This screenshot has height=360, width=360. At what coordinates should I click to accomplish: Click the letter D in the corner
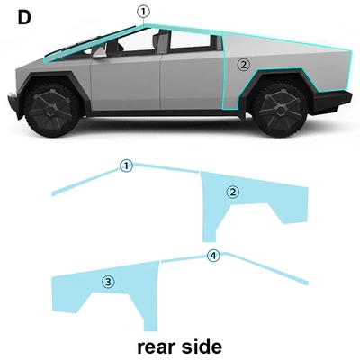point(24,18)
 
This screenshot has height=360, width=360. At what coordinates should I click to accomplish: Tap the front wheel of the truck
point(51,110)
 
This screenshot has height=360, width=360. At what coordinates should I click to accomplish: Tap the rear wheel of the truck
point(280,110)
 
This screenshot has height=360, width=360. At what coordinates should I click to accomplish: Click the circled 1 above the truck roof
point(143,13)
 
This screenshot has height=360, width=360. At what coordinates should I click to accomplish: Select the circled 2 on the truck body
point(243,65)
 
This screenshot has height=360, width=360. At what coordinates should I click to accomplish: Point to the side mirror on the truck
point(100,52)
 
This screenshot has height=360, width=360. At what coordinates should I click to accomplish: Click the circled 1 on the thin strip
point(126,166)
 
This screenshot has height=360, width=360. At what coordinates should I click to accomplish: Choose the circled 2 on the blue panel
point(233,193)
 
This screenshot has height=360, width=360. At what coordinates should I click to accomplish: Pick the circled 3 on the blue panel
point(108,282)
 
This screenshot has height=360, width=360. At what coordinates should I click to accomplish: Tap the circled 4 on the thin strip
point(213,256)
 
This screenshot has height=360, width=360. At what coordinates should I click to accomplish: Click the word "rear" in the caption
point(157,347)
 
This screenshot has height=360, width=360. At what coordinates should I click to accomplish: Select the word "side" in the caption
point(202,346)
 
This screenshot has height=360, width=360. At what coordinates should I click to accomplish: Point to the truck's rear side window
point(191,41)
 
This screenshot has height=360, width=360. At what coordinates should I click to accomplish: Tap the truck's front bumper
point(14,104)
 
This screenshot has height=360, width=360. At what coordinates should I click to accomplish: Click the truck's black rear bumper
point(330,102)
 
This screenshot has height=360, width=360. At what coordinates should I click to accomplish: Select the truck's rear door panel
point(192,81)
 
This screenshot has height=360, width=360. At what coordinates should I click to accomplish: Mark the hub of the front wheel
point(51,110)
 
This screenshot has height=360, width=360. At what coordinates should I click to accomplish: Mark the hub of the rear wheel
point(280,110)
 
